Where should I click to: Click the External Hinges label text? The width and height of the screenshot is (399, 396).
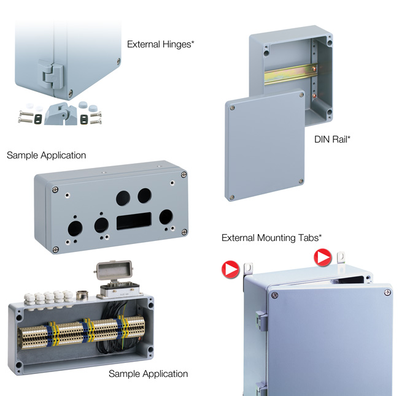pyautogui.click(x=160, y=44)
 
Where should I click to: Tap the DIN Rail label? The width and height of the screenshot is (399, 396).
pyautogui.click(x=332, y=139)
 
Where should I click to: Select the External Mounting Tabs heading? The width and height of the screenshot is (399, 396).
pyautogui.click(x=271, y=238)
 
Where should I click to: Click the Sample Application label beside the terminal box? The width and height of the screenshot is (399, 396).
pyautogui.click(x=148, y=374)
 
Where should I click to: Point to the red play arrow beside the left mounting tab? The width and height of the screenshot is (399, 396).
pyautogui.click(x=231, y=270)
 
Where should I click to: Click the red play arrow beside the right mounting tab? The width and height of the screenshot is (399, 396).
pyautogui.click(x=323, y=257)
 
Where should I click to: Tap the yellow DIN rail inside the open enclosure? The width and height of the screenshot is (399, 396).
pyautogui.click(x=290, y=74)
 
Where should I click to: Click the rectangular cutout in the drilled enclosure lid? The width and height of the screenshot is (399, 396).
pyautogui.click(x=134, y=221)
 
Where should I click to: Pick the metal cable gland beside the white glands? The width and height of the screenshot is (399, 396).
pyautogui.click(x=82, y=294)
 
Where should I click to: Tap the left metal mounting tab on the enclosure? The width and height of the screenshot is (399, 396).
pyautogui.click(x=247, y=268)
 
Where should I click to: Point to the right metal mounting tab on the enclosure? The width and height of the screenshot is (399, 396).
pyautogui.click(x=341, y=257)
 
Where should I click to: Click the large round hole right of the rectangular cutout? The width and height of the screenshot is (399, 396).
pyautogui.click(x=166, y=217)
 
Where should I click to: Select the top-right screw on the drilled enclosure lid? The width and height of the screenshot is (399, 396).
pyautogui.click(x=184, y=175)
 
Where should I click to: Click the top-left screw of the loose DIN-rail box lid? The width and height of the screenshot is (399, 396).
pyautogui.click(x=232, y=108)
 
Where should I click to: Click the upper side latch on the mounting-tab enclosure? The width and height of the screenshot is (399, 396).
pyautogui.click(x=261, y=321)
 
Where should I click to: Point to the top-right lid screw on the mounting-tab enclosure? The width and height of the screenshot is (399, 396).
pyautogui.click(x=387, y=292)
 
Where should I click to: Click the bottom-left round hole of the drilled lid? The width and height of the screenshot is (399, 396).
pyautogui.click(x=76, y=229)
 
